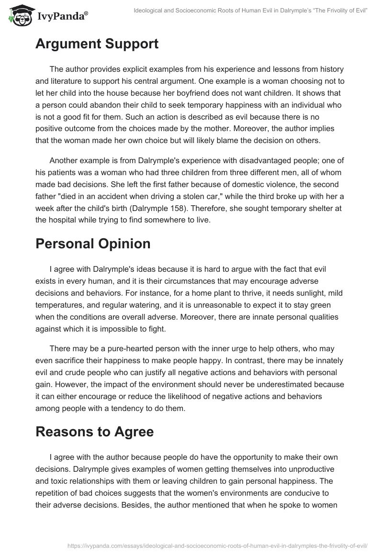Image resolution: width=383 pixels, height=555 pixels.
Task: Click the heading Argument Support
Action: (x=97, y=44)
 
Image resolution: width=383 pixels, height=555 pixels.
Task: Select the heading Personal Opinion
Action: (x=93, y=243)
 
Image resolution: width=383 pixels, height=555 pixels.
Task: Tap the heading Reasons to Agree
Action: (x=94, y=431)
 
